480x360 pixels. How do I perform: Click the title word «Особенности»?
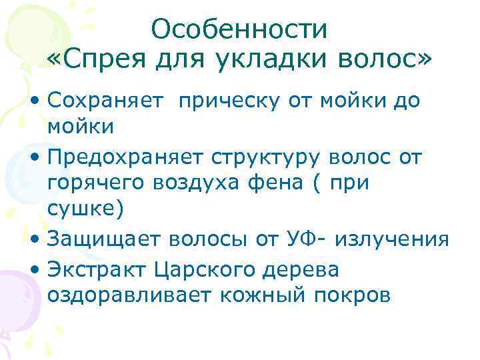click(239, 29)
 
